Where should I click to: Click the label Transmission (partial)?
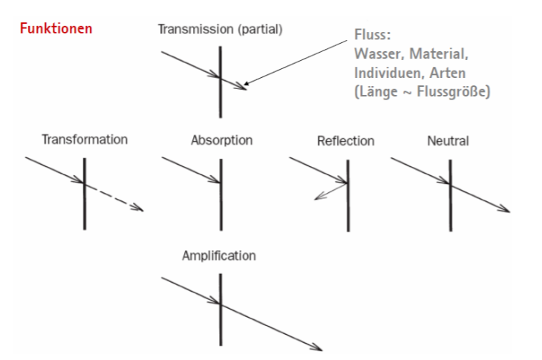click(221, 30)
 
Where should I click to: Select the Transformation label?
click(85, 139)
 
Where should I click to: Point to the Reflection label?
click(345, 140)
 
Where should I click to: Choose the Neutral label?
click(448, 140)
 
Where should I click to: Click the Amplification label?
click(219, 255)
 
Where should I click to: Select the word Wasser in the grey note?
click(376, 55)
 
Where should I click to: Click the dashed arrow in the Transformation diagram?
click(114, 197)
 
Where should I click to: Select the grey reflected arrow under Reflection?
click(330, 191)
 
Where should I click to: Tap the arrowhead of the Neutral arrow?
click(505, 209)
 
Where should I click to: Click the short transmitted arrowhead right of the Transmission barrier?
click(241, 87)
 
